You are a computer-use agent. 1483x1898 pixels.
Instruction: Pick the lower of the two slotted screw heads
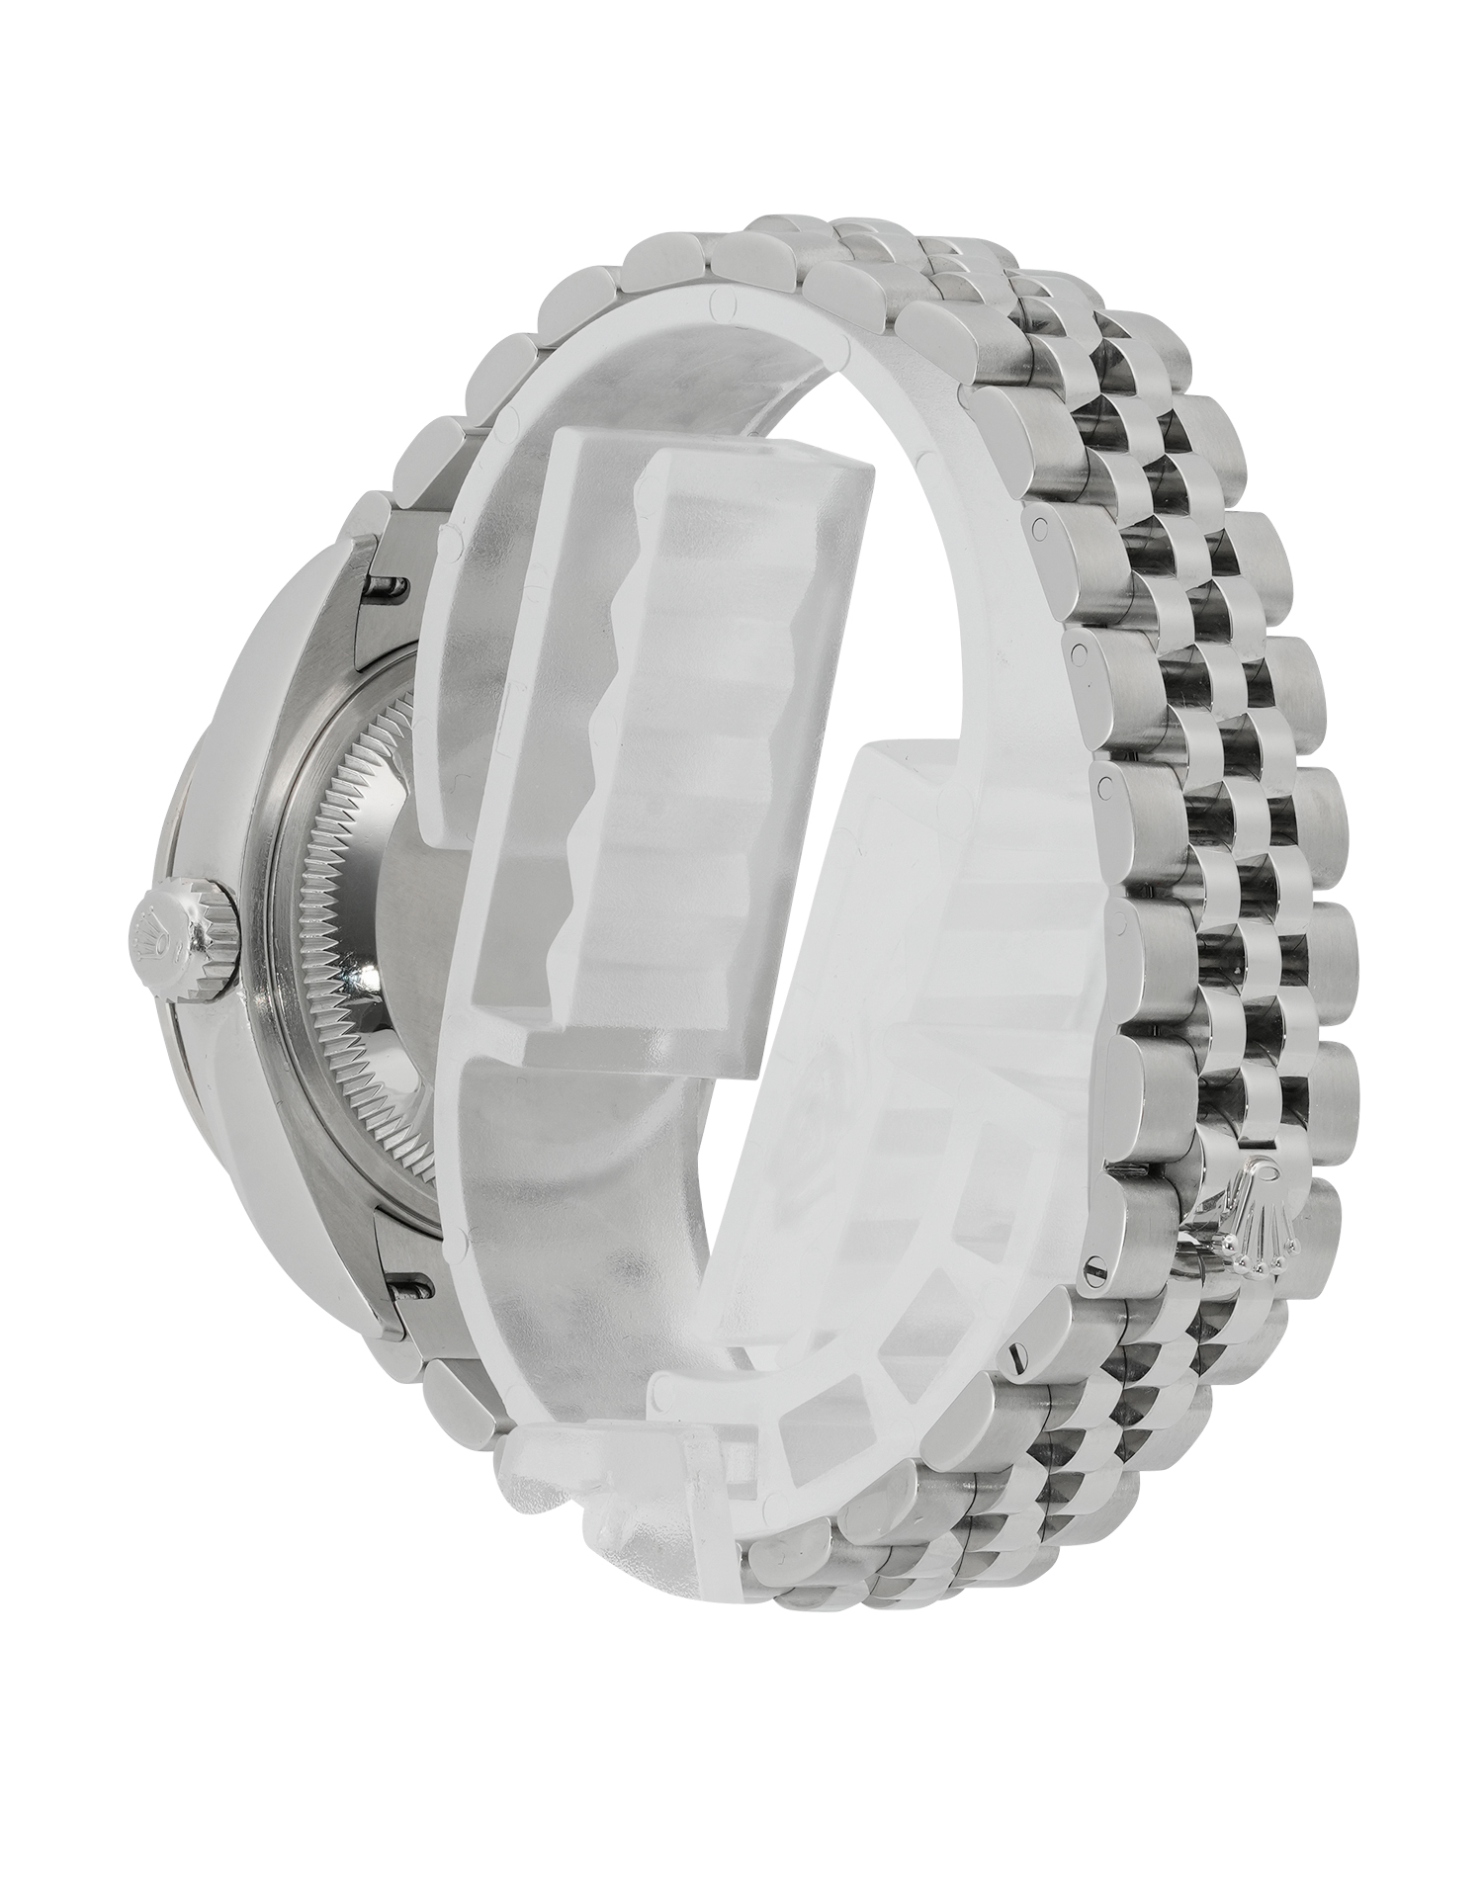coord(1016,1362)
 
